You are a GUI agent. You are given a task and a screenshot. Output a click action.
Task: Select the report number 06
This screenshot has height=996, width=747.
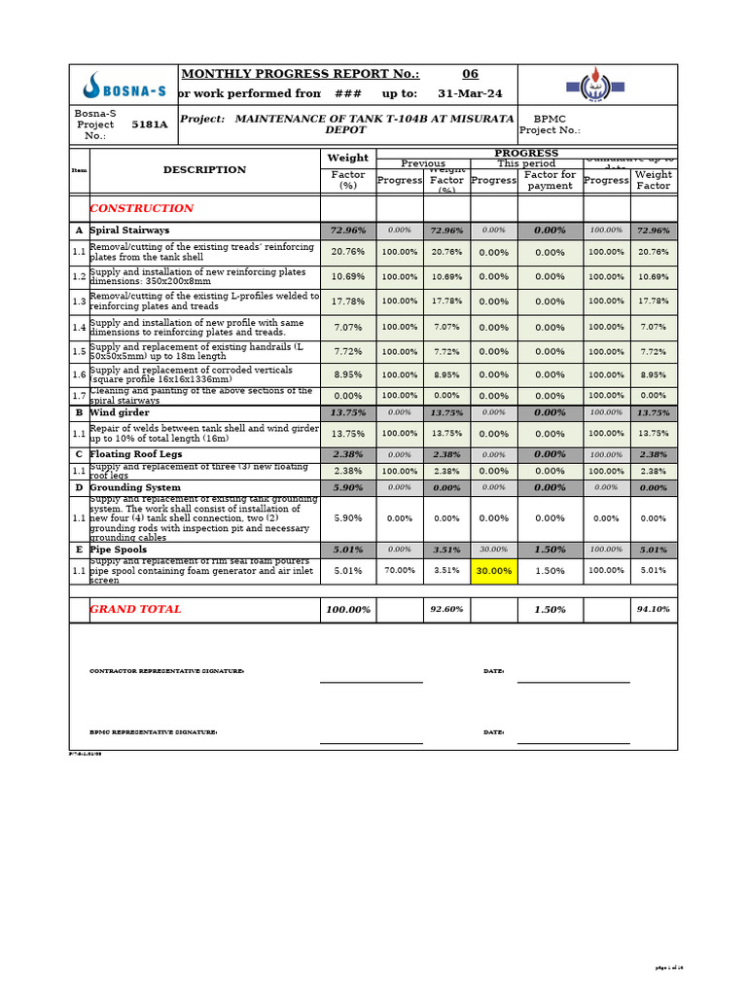click(x=470, y=74)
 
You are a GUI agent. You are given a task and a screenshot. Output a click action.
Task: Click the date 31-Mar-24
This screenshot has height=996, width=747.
click(x=470, y=93)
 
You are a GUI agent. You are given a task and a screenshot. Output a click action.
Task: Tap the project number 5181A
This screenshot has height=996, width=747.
click(x=149, y=124)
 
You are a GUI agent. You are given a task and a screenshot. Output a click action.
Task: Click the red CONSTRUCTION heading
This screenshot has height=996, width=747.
click(x=141, y=208)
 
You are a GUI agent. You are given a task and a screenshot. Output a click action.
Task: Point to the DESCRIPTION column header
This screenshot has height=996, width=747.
click(x=204, y=169)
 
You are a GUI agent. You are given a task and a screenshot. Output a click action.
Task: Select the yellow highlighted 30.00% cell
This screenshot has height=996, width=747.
click(x=494, y=570)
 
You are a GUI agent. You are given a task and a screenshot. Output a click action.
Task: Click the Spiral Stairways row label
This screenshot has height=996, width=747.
click(x=129, y=231)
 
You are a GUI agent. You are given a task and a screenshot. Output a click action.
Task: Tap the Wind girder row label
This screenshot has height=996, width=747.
click(x=120, y=412)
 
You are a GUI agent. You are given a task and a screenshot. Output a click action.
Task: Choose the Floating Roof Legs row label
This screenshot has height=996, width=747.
click(x=136, y=454)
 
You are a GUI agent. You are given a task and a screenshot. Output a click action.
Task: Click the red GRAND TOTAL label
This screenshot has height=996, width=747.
click(x=135, y=609)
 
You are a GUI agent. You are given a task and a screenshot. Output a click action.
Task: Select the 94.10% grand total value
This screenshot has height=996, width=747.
click(x=653, y=610)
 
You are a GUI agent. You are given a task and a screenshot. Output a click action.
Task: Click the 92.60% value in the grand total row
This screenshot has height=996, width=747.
click(x=446, y=610)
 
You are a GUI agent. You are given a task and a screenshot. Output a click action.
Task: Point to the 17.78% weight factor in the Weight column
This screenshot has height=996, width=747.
click(x=347, y=302)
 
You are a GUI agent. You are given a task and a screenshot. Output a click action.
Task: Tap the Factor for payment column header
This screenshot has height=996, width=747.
click(x=550, y=180)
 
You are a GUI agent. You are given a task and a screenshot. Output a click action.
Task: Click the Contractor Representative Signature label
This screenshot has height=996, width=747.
click(x=166, y=671)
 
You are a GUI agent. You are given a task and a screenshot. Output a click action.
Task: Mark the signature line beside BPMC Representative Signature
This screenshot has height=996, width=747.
click(x=371, y=743)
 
